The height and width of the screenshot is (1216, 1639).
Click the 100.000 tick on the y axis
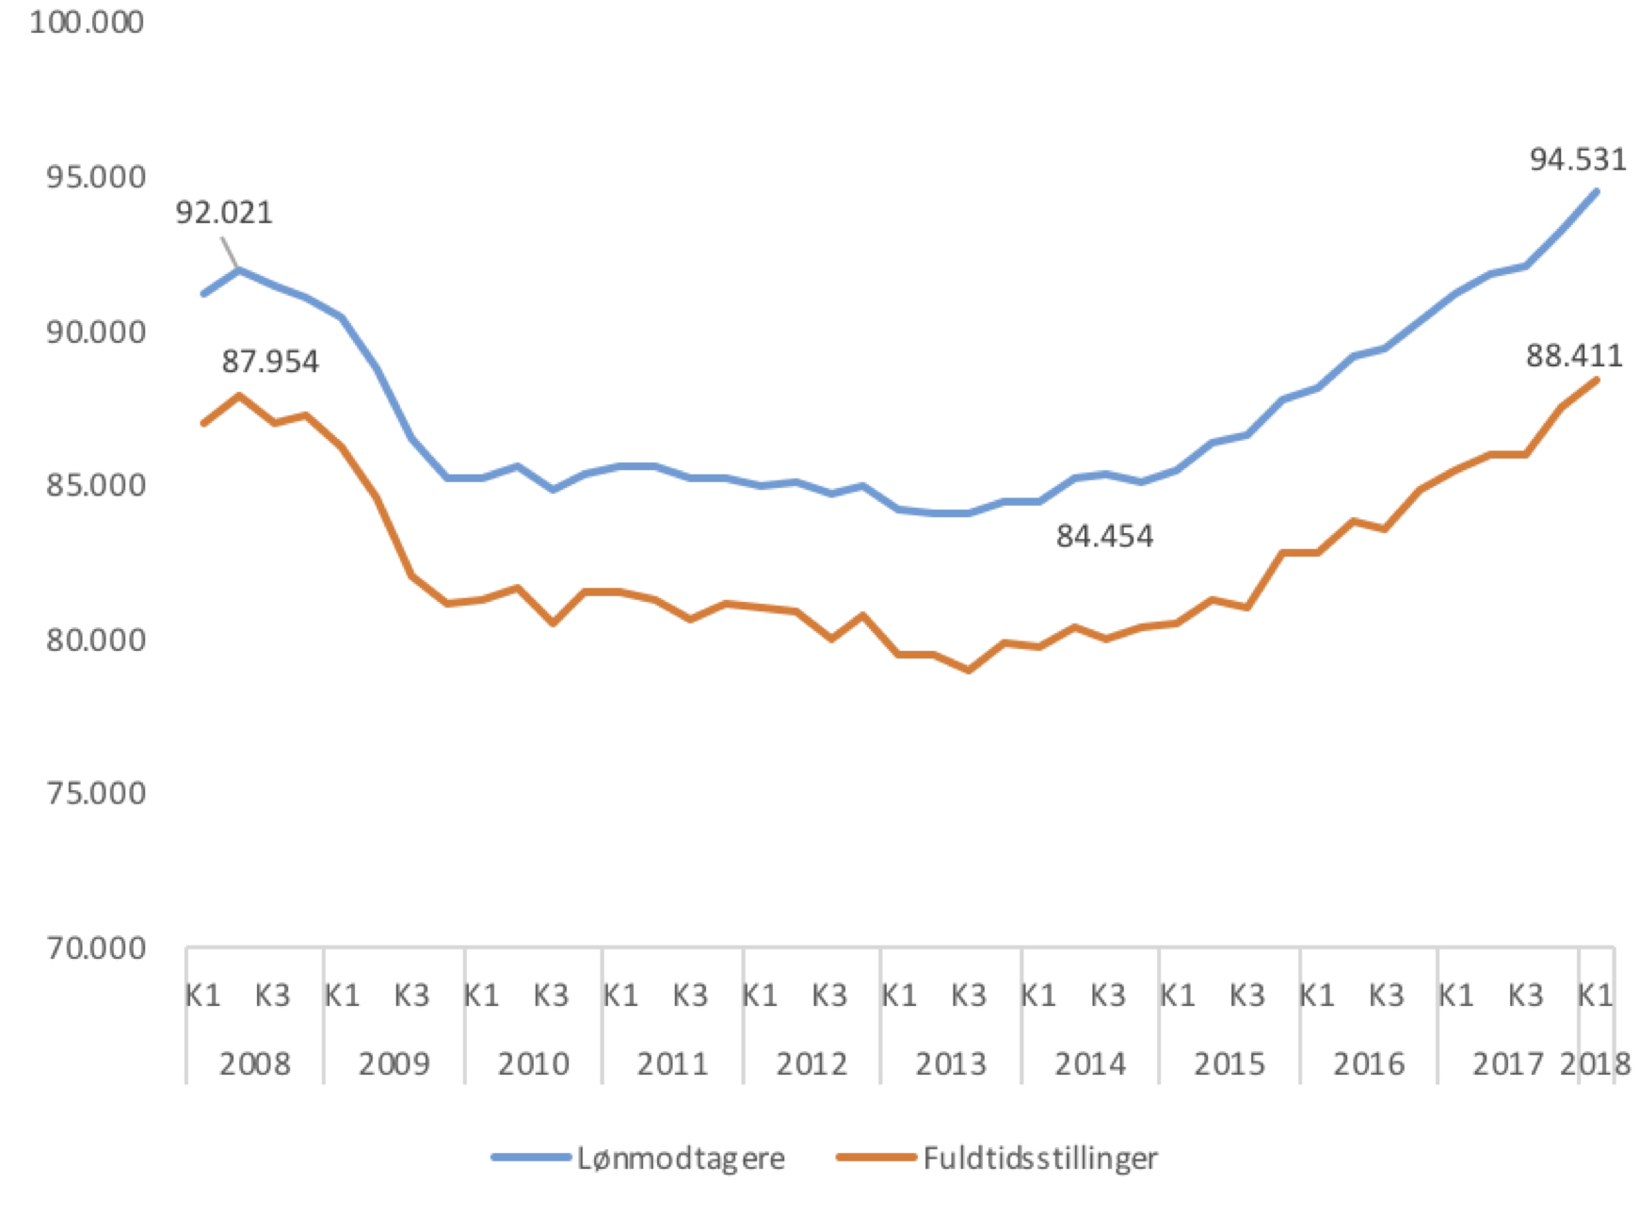click(87, 22)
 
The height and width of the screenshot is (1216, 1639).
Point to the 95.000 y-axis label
click(95, 177)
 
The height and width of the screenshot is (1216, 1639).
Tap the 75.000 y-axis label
click(95, 793)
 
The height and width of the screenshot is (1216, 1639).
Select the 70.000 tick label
click(95, 948)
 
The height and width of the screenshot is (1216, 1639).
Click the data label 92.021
click(224, 213)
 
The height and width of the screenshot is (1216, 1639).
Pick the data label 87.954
click(270, 362)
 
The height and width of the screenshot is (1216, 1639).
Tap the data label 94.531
click(1578, 160)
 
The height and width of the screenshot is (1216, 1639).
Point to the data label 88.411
click(1574, 356)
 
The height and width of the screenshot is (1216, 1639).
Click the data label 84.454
click(1104, 537)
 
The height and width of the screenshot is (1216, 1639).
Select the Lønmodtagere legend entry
click(680, 1158)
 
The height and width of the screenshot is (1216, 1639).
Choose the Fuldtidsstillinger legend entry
click(1039, 1158)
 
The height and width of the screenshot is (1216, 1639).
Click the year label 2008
click(254, 1064)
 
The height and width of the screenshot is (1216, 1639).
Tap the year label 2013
click(951, 1064)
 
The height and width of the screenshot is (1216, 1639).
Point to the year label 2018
click(1595, 1064)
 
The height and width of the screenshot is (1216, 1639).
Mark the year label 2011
click(672, 1064)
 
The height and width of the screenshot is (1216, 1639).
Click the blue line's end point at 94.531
click(1596, 192)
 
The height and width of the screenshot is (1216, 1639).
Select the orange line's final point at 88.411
click(1596, 381)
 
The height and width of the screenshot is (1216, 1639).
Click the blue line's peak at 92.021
click(239, 270)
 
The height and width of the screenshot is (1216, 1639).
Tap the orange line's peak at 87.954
click(239, 397)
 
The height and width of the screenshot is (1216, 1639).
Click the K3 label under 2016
click(1386, 996)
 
